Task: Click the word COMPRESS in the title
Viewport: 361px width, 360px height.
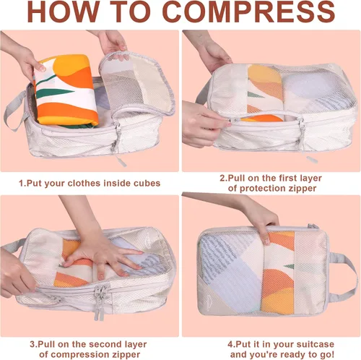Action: pyautogui.click(x=249, y=12)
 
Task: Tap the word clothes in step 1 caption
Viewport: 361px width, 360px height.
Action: pyautogui.click(x=84, y=183)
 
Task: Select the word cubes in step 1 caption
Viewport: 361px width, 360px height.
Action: pyautogui.click(x=147, y=183)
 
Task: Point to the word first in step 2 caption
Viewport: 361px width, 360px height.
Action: pyautogui.click(x=281, y=178)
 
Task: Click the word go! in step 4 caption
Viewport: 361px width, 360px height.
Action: pyautogui.click(x=327, y=355)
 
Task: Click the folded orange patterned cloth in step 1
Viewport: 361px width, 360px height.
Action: pyautogui.click(x=66, y=90)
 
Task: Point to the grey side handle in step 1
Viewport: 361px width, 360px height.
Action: pyautogui.click(x=15, y=110)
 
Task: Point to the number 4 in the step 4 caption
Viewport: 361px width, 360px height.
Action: pyautogui.click(x=230, y=344)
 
